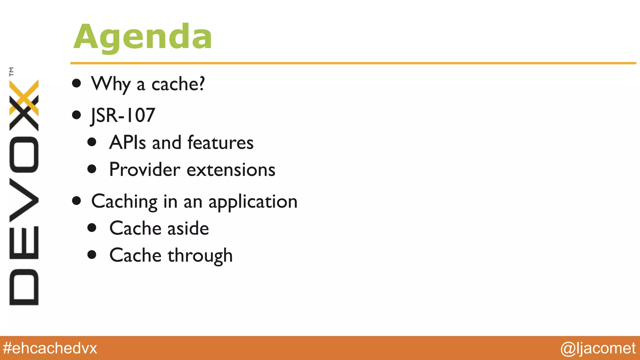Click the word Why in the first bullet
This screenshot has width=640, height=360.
coord(111,84)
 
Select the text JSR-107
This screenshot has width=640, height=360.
coord(123,115)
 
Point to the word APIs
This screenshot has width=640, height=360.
coord(127,142)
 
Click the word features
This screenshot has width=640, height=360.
coord(220,142)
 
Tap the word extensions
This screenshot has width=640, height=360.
coord(231,170)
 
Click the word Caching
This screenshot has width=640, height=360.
coord(124,202)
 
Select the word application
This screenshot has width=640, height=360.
coord(253,202)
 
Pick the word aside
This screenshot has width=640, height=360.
coord(188,228)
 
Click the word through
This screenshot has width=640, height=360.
coord(200,256)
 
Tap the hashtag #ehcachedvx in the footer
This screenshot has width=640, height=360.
coord(50,348)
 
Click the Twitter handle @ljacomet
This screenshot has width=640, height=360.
coord(598,348)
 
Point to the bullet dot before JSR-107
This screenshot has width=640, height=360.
coord(76,115)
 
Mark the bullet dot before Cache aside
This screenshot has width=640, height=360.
coord(92,227)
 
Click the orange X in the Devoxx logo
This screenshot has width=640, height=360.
coord(24,97)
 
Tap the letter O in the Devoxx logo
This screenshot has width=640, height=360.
coord(24,155)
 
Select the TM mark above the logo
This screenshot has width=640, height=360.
coord(12,72)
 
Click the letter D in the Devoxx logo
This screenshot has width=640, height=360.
coord(24,287)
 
